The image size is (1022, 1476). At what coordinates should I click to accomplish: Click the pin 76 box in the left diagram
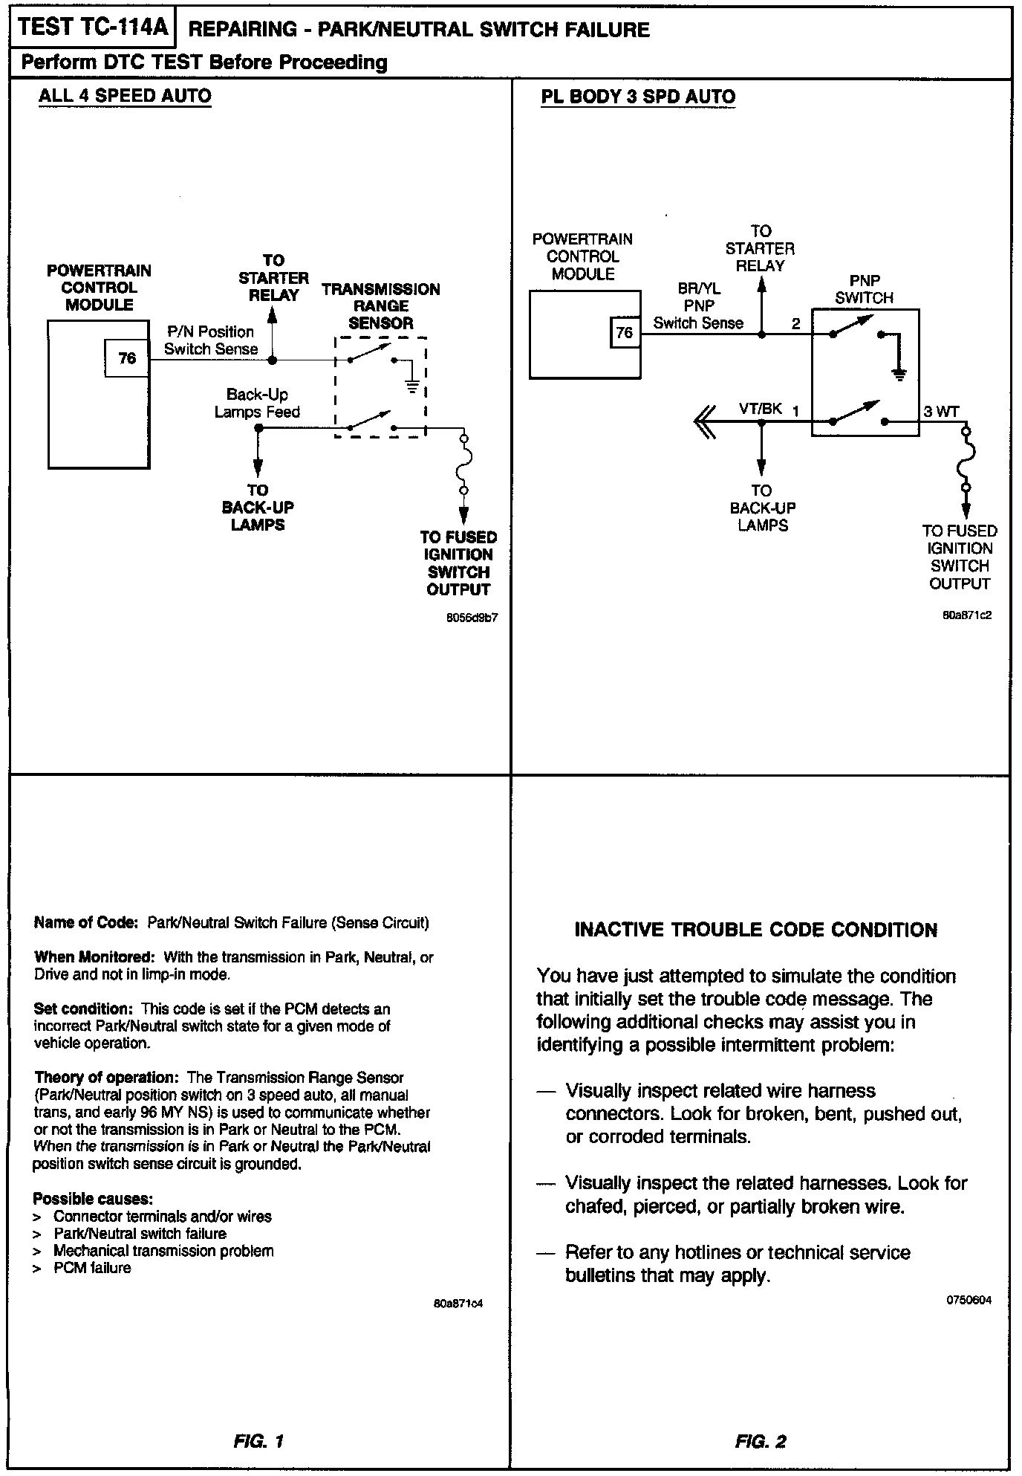coord(127,358)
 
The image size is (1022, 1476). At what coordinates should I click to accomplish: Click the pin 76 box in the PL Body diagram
coord(625,332)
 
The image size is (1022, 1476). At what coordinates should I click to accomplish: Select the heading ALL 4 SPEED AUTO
coord(125,97)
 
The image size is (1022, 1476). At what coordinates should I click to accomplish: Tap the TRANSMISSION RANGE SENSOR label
coord(380,306)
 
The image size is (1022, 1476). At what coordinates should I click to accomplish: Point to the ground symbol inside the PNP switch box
coord(899,374)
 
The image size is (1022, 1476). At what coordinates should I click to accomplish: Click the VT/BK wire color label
coord(760,409)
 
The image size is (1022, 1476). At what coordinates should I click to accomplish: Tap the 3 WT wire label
coord(941,412)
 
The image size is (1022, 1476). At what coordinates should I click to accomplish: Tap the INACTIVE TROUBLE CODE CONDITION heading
coord(756,930)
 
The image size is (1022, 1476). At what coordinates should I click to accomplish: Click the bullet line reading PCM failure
coord(92,1269)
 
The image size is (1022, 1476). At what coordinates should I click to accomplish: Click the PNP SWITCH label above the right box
coord(864,290)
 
